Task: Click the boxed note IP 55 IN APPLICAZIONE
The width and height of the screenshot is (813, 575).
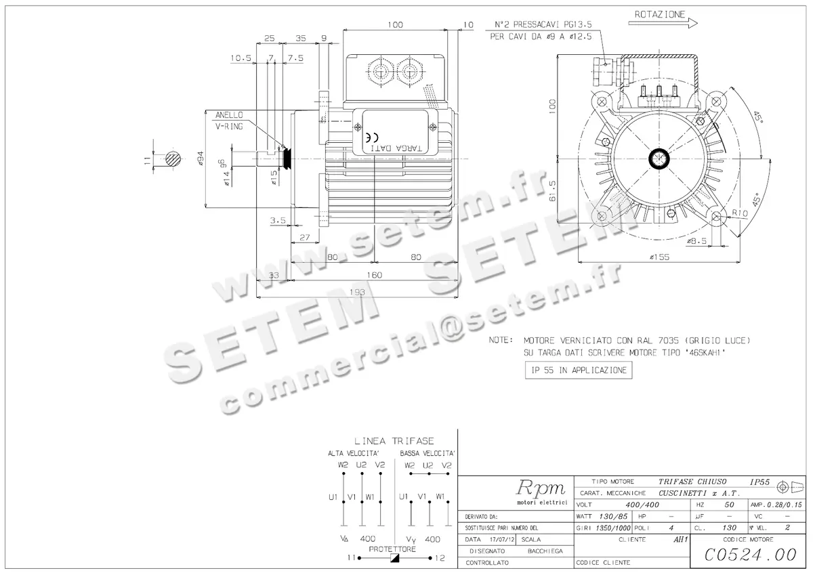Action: [x=578, y=370]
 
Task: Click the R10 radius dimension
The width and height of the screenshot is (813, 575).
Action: [x=741, y=213]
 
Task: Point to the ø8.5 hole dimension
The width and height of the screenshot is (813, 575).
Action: [x=697, y=241]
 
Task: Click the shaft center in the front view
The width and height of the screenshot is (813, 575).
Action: [x=659, y=159]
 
